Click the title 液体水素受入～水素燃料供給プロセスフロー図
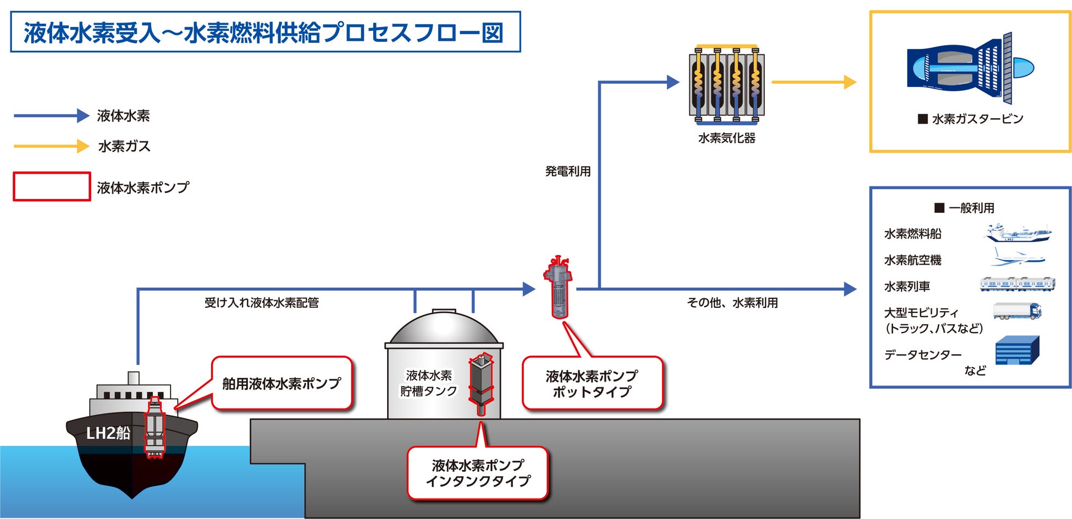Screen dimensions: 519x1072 pyautogui.click(x=264, y=32)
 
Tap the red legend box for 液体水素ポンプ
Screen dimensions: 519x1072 pyautogui.click(x=52, y=186)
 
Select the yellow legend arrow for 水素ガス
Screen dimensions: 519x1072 pyautogui.click(x=51, y=146)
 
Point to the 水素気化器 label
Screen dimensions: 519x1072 pyautogui.click(x=726, y=138)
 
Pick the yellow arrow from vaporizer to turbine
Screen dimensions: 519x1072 pyautogui.click(x=814, y=82)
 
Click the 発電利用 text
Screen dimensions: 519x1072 pyautogui.click(x=568, y=171)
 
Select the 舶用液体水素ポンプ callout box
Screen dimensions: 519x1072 pyautogui.click(x=281, y=383)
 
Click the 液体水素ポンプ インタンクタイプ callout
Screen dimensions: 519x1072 pyautogui.click(x=478, y=473)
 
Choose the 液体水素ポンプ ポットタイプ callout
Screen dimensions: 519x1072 pyautogui.click(x=592, y=383)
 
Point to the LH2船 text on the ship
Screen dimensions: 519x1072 pyautogui.click(x=108, y=433)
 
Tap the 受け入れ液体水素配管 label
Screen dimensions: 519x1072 pyautogui.click(x=262, y=302)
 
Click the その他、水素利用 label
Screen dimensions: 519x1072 pyautogui.click(x=732, y=302)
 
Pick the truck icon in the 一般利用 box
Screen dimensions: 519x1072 pyautogui.click(x=1017, y=311)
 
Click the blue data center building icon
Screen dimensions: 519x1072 pyautogui.click(x=1017, y=351)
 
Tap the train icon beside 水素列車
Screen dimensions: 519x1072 pyautogui.click(x=1018, y=284)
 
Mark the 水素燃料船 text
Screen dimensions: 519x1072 pyautogui.click(x=913, y=234)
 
